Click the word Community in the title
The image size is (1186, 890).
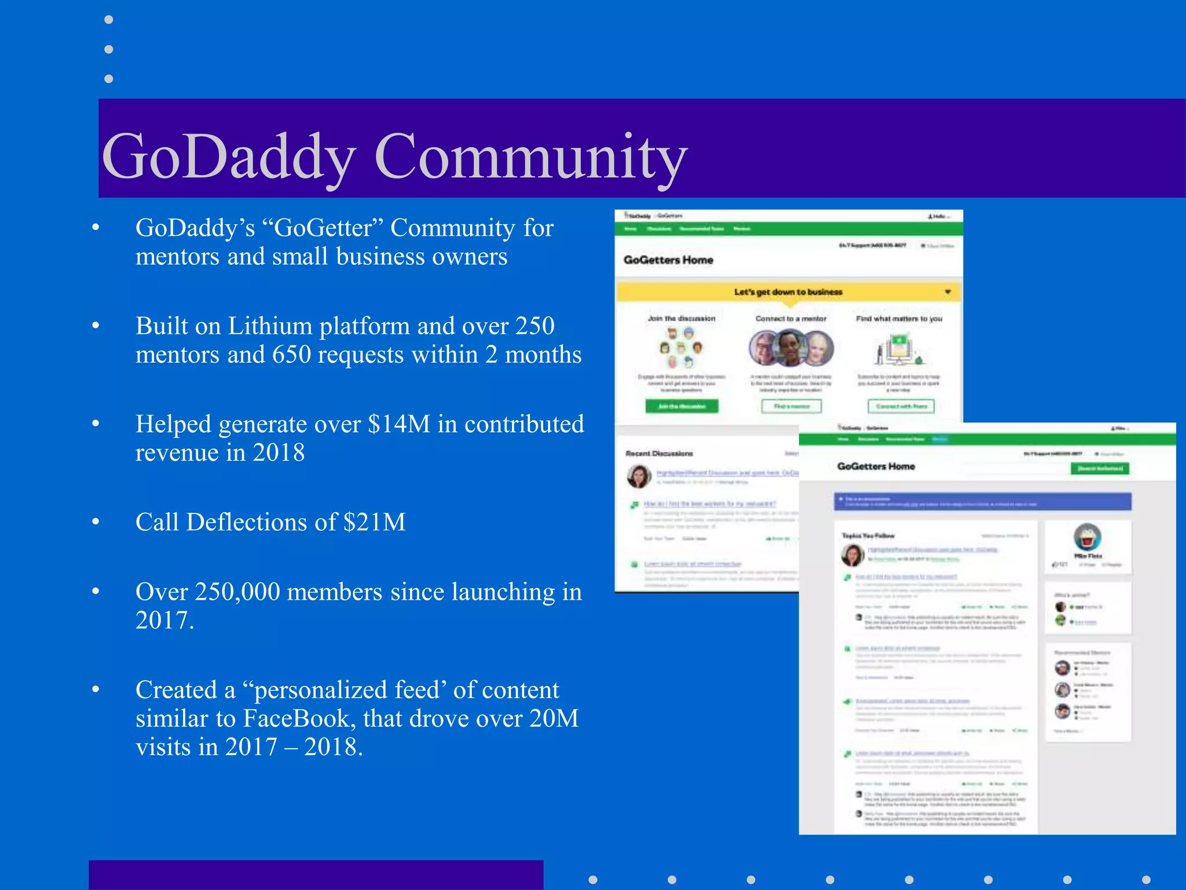point(530,156)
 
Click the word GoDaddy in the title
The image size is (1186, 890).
point(228,156)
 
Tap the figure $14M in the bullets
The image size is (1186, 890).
point(399,424)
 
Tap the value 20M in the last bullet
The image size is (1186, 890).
point(554,718)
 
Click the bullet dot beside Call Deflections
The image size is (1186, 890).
point(96,522)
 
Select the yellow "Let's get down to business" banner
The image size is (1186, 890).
point(788,292)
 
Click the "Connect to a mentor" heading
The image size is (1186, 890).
point(790,319)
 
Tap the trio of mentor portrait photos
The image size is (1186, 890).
point(790,348)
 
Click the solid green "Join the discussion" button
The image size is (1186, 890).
point(682,406)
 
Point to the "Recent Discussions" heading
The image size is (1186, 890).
point(659,454)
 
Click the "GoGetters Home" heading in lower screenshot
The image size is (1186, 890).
point(876,466)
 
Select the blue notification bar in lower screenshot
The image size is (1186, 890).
point(982,502)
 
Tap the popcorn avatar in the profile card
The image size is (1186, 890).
point(1087,537)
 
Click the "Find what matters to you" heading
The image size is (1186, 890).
point(899,319)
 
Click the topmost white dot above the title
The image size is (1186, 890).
point(108,20)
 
